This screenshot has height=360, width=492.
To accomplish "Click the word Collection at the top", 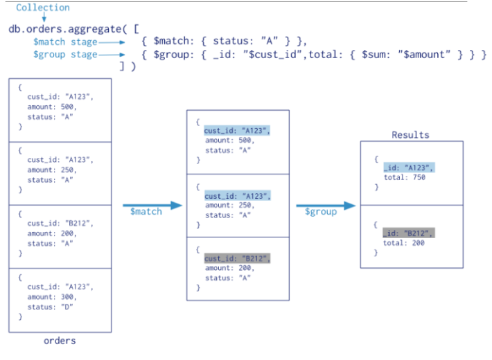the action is pos(43,8).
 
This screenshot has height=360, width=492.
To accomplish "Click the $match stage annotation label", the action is pos(65,42).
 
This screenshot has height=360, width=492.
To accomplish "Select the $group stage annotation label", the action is pos(65,55).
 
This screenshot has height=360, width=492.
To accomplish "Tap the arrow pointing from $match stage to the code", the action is pos(112,42).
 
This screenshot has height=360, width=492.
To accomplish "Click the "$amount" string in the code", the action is pos(424,55).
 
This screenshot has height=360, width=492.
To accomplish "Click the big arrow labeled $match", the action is pos(152,206).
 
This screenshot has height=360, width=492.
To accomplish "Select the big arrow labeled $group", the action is pos(326,206).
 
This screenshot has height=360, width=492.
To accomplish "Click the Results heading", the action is pos(410,135).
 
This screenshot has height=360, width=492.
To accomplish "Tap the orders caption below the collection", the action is pos(60,341).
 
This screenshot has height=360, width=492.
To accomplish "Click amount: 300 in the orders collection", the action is pos(52,297).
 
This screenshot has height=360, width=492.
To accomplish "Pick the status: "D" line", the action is pos(50,307).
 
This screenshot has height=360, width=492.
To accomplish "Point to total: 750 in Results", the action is pos(405,177).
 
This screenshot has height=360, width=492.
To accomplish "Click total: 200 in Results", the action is pos(404,243).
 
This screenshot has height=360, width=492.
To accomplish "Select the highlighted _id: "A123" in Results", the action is pos(409,168).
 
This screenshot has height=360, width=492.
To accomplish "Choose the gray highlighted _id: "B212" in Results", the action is pos(409,233).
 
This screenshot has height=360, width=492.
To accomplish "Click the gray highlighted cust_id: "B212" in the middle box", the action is pos(237,258).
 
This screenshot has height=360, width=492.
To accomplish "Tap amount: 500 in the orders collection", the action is pos(52,107).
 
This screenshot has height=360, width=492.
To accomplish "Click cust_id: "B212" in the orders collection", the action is pos(60,224).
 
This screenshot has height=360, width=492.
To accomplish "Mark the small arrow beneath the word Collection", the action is pos(44,17).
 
